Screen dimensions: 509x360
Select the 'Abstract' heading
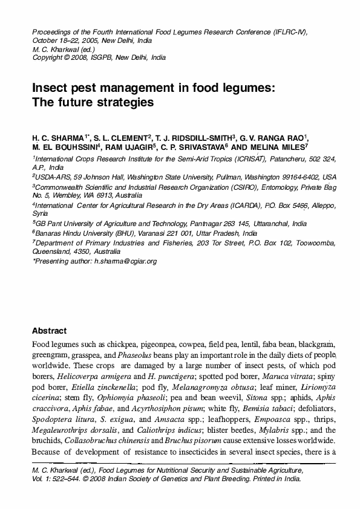tap(49, 331)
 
